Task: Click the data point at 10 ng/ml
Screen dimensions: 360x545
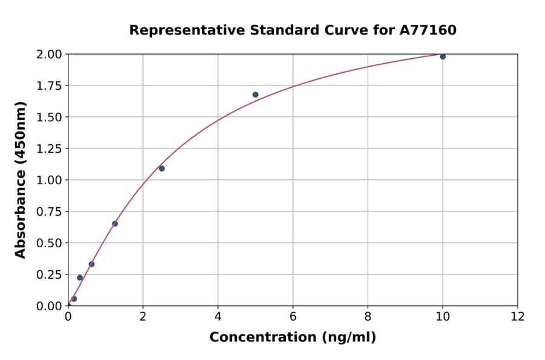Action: (443, 56)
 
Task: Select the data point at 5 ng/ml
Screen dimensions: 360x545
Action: (256, 95)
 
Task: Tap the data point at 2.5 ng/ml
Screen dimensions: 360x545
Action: (162, 168)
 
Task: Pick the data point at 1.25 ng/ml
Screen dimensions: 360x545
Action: (115, 224)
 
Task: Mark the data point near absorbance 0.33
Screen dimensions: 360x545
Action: (91, 264)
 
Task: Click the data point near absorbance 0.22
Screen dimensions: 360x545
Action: (80, 278)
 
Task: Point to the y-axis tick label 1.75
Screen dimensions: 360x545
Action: (48, 86)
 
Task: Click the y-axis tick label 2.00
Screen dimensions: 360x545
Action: (48, 55)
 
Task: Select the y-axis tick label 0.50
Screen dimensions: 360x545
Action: (48, 243)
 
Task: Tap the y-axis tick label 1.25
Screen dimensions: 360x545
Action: (48, 148)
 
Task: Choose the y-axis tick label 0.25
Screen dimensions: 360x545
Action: (48, 275)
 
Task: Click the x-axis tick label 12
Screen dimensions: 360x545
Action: (518, 316)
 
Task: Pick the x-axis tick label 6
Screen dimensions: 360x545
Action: (293, 316)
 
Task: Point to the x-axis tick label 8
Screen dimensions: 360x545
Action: (368, 316)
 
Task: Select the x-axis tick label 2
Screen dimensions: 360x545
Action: (143, 316)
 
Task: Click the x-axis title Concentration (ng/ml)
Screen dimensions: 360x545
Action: (292, 338)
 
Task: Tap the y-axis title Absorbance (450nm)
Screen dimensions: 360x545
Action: (21, 180)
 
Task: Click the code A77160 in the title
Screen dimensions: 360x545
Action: (428, 30)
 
